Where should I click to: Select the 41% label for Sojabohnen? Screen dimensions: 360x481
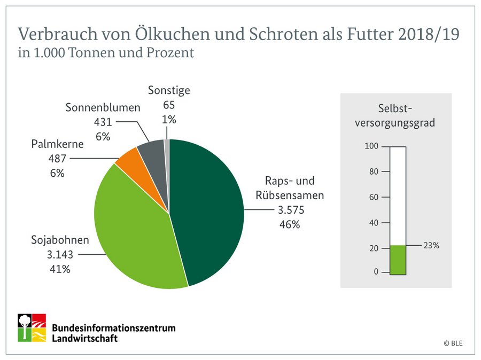(59, 269)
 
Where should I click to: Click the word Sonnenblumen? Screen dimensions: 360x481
(103, 107)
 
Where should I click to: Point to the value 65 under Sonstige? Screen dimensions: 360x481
(169, 105)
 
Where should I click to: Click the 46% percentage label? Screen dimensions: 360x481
(289, 224)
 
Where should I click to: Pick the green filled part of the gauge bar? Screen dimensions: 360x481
(398, 260)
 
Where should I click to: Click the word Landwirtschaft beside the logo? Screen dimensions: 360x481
(85, 338)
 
